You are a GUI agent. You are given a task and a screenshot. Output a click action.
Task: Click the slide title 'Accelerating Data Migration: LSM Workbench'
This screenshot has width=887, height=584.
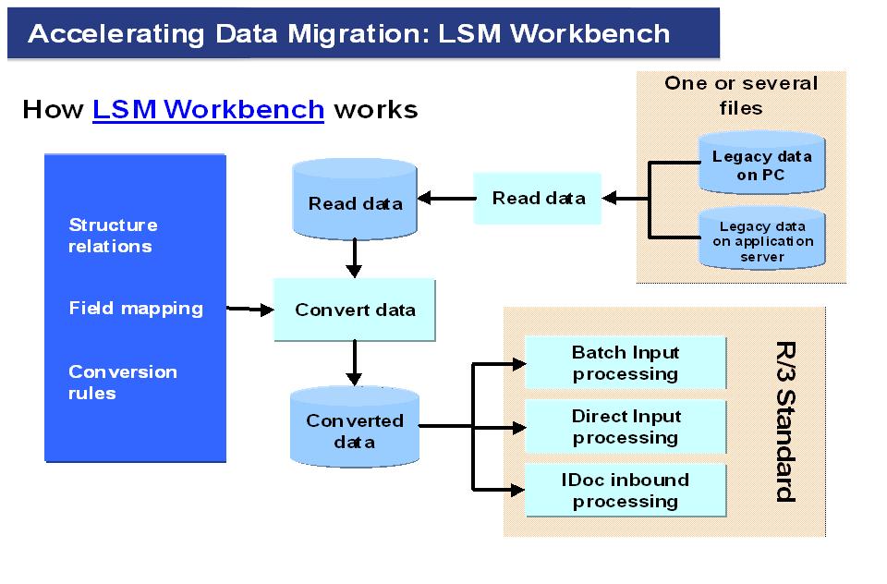pos(349,34)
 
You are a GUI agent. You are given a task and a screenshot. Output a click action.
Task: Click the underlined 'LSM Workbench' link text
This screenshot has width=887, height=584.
pos(208,109)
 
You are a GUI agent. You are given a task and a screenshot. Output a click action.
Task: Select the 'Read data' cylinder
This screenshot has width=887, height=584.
pos(354,201)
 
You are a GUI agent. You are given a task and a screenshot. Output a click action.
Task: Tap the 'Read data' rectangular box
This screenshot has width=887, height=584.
pos(538,198)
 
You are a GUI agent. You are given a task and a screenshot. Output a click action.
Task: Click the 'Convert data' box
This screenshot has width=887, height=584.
pos(355,310)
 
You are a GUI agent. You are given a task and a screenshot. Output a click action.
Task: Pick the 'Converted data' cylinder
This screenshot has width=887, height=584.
pos(354,429)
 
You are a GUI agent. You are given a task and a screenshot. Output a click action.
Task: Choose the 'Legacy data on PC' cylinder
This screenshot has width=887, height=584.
pos(761,164)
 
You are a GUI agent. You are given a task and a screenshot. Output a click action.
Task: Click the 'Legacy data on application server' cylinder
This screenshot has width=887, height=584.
pos(762,240)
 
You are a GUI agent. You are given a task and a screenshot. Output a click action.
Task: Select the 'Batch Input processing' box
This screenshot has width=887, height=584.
pos(626,362)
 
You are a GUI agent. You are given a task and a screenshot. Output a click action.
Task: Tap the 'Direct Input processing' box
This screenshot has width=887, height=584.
pos(626,426)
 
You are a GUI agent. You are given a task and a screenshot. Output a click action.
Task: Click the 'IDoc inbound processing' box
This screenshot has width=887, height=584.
pos(626,490)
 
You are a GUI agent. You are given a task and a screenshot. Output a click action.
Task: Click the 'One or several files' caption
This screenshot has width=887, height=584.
pos(741,95)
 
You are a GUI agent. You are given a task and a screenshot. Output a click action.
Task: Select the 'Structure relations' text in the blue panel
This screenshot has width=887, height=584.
pos(112,236)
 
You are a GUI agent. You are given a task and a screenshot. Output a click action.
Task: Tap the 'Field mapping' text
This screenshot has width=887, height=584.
pos(136,308)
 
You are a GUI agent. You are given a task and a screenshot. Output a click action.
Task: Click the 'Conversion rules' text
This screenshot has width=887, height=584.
pos(122,382)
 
